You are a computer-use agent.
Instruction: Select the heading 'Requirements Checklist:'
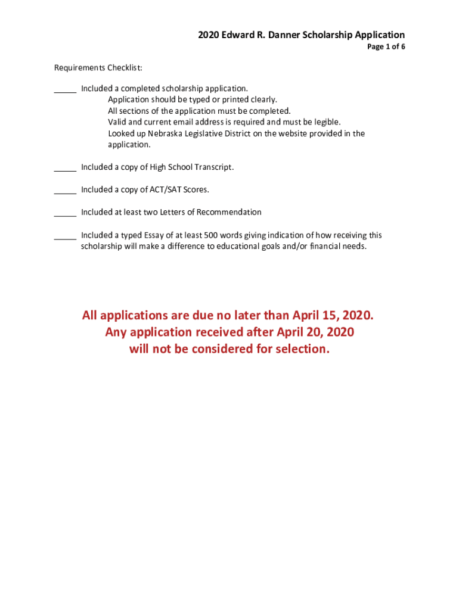tap(90, 67)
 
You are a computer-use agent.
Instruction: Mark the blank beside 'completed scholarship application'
tap(65, 89)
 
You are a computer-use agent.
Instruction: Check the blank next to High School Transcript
tap(65, 168)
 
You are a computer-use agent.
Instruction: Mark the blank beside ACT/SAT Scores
tap(65, 191)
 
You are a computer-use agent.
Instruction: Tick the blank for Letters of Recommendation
tap(65, 213)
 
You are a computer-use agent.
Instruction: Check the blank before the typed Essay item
tap(65, 236)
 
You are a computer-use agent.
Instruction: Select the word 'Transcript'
tap(213, 167)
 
